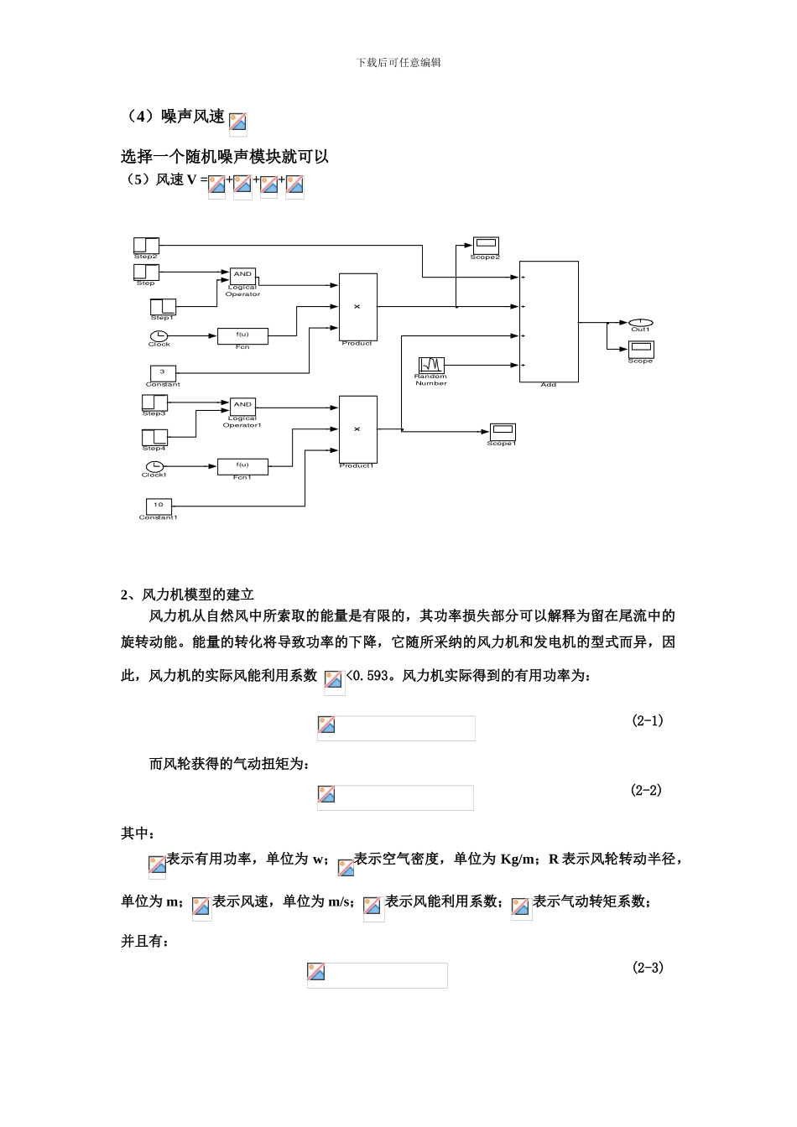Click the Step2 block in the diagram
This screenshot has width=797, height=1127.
click(x=146, y=244)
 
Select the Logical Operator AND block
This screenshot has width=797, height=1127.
click(x=242, y=274)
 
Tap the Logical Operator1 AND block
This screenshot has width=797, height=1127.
click(x=242, y=405)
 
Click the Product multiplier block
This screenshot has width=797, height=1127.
click(x=357, y=306)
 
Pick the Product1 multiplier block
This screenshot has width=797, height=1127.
click(x=357, y=428)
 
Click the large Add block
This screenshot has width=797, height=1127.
click(x=549, y=321)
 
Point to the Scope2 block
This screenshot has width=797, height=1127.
click(x=485, y=245)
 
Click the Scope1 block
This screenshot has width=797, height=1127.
click(x=502, y=431)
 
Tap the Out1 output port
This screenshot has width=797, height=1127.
click(x=640, y=322)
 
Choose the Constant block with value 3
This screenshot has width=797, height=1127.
click(x=163, y=372)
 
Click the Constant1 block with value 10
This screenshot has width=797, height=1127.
click(x=159, y=506)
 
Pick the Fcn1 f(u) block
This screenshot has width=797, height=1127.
click(x=242, y=465)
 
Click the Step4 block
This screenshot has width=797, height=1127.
click(x=154, y=437)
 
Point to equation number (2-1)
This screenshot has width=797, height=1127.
click(x=648, y=720)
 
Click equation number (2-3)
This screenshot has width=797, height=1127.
click(x=648, y=968)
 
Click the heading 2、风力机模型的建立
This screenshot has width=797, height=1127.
click(x=187, y=595)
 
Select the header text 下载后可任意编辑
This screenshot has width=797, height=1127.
click(x=398, y=62)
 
